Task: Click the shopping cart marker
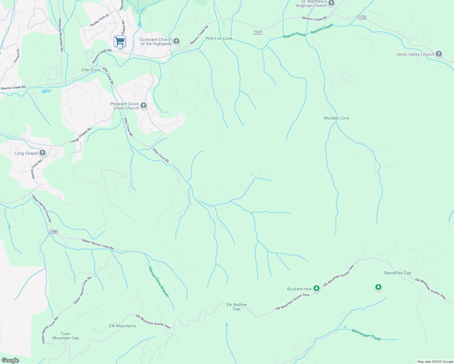click(120, 41)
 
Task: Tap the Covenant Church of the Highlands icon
click(176, 41)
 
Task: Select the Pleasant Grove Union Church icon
click(144, 106)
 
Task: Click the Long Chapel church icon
click(42, 153)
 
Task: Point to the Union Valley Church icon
click(439, 54)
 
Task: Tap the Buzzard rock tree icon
click(317, 288)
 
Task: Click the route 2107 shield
click(258, 32)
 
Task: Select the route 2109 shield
click(362, 18)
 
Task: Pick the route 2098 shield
click(53, 232)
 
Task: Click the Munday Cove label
click(337, 118)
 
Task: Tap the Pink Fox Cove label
click(219, 38)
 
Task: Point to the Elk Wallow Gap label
click(236, 307)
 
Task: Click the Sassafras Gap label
click(397, 273)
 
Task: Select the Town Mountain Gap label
click(66, 336)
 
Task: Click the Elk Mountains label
click(123, 326)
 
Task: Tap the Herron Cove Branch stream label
click(158, 281)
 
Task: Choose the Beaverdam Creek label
click(366, 335)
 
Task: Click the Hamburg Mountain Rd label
click(61, 34)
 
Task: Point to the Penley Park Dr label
click(100, 20)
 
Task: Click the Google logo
click(10, 360)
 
